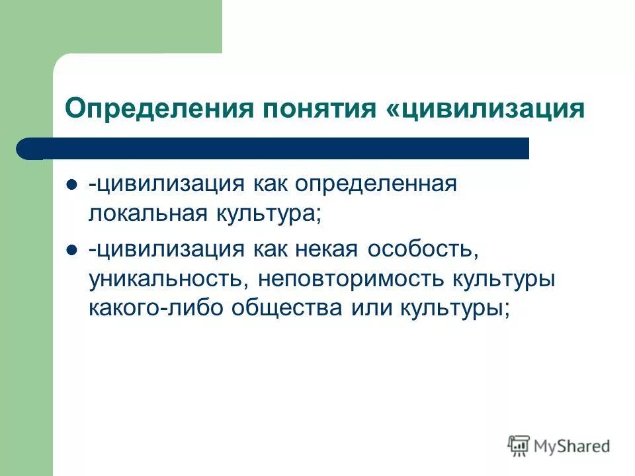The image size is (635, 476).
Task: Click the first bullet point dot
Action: point(72,184)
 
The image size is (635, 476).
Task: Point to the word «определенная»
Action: point(376,184)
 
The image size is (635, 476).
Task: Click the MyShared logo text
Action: point(572,446)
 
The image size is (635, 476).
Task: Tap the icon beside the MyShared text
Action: point(519,446)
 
